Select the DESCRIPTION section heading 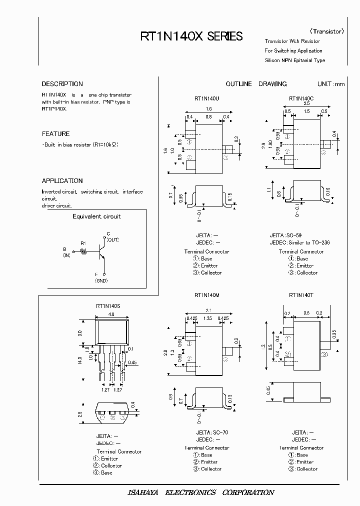(x=62, y=84)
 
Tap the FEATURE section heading (x=55, y=134)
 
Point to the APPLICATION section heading (x=62, y=181)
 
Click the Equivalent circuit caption (x=96, y=216)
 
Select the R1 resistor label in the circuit (x=83, y=243)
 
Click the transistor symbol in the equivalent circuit (x=102, y=253)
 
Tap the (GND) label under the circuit (x=102, y=281)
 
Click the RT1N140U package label (x=207, y=98)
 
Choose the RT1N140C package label (x=301, y=98)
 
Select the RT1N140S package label (x=108, y=305)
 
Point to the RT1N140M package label (x=207, y=295)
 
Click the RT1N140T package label (x=301, y=295)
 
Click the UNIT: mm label (x=331, y=84)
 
